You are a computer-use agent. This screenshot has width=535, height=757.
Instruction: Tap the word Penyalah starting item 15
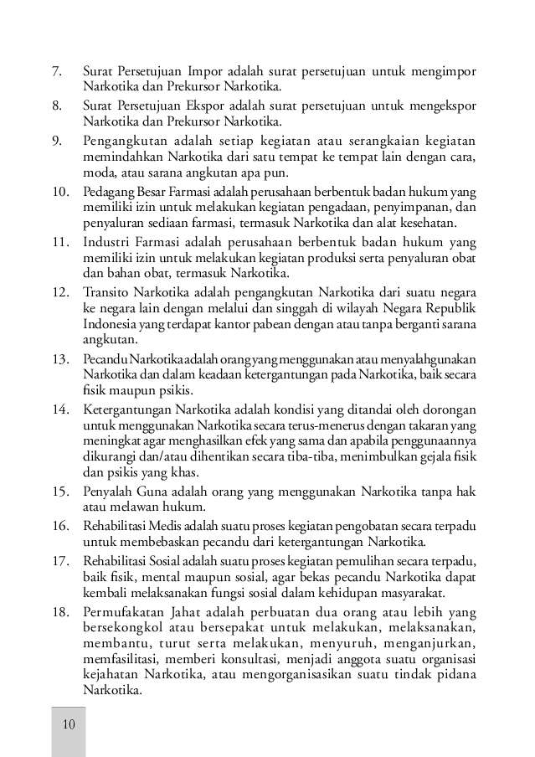point(110,492)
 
